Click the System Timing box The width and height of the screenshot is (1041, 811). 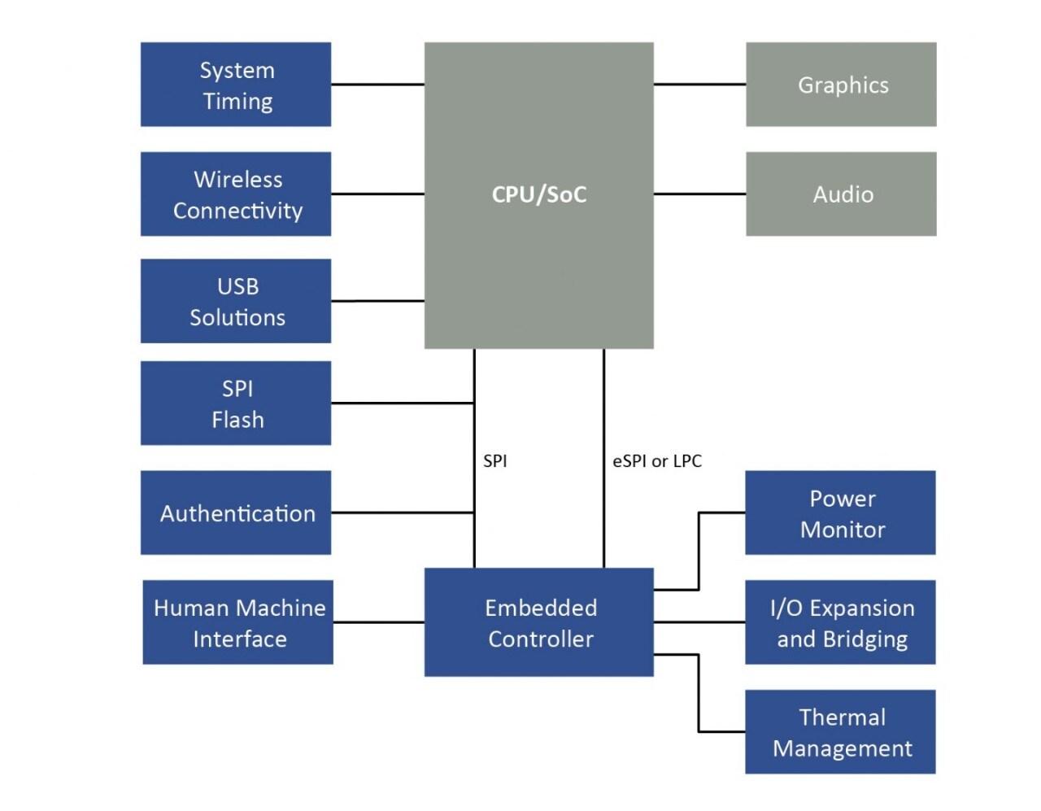[x=236, y=85]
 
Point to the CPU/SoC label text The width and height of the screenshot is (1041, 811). [x=538, y=194]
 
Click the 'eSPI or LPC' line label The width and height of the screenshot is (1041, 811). [x=657, y=461]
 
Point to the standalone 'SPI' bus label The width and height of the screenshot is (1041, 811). [x=494, y=461]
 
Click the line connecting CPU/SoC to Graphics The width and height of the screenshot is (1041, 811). [x=699, y=84]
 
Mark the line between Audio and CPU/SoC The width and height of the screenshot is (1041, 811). [x=699, y=194]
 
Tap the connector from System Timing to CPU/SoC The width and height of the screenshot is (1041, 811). [x=377, y=84]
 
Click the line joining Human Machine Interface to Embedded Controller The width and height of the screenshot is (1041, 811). [x=378, y=622]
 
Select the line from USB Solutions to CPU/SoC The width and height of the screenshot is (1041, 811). [x=377, y=301]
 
